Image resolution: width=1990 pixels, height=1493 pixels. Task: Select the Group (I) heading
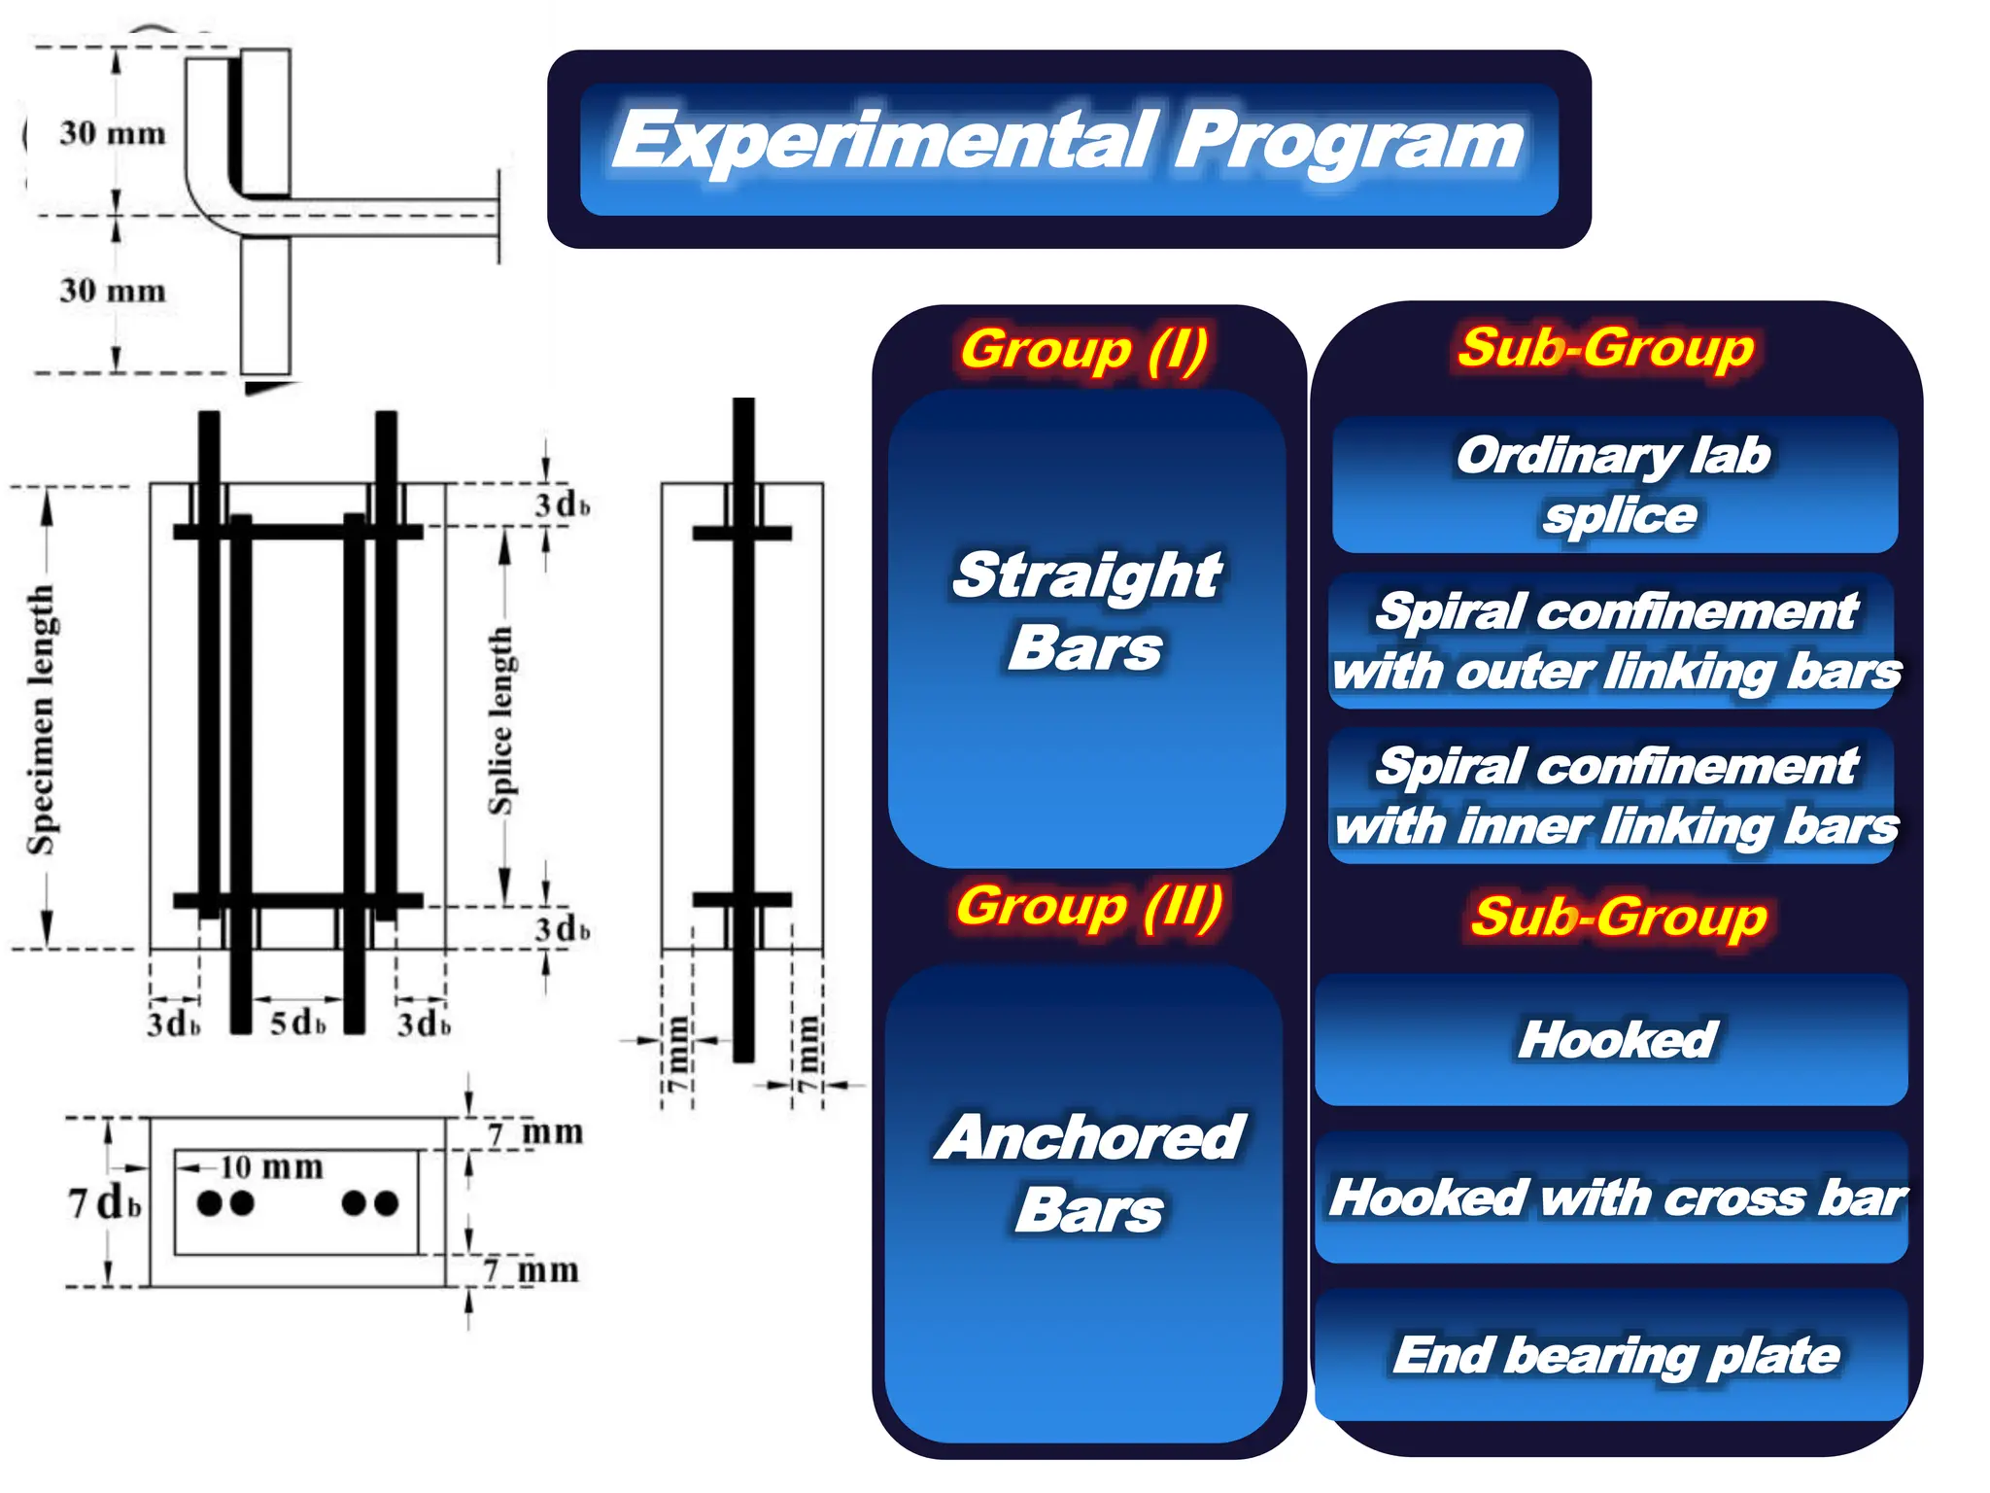tap(1084, 349)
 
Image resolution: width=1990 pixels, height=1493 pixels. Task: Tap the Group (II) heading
tap(1088, 906)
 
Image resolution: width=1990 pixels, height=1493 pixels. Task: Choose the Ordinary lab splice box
tap(1614, 484)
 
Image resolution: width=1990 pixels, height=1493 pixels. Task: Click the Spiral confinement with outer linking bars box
tap(1614, 641)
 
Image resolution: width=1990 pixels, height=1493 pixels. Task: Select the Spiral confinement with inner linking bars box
tap(1614, 795)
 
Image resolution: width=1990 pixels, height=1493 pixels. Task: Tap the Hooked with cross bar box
tap(1614, 1197)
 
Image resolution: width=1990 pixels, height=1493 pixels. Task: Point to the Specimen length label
tap(41, 719)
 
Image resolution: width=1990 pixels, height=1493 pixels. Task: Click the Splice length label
tap(500, 720)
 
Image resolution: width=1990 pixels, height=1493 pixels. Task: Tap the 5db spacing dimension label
tap(297, 1023)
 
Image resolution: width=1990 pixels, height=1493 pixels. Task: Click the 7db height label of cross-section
tap(105, 1202)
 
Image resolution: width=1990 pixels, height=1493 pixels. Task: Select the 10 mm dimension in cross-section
tap(270, 1166)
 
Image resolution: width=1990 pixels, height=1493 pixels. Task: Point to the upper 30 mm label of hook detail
tap(112, 132)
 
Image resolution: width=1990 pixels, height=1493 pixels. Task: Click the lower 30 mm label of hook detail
tap(112, 290)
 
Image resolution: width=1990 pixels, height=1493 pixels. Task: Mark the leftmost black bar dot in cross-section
tap(209, 1203)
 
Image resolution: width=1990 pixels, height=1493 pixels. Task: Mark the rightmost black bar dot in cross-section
tap(387, 1203)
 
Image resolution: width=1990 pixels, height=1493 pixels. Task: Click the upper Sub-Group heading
tap(1605, 347)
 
